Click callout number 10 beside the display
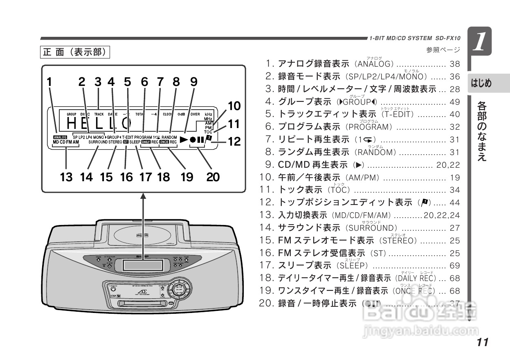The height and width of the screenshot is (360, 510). click(234, 106)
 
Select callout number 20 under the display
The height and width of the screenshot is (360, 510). click(213, 177)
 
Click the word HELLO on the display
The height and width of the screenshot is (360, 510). click(99, 122)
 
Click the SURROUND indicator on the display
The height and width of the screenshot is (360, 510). click(97, 142)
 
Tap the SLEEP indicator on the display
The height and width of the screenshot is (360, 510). click(135, 142)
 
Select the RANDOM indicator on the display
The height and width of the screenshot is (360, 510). click(169, 137)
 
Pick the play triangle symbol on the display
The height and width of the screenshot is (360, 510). click(184, 139)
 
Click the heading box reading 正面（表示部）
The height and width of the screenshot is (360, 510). click(76, 52)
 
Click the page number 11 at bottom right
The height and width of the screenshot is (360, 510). click(482, 342)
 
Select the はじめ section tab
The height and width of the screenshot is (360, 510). click(481, 83)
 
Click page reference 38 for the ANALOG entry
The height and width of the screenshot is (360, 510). click(454, 64)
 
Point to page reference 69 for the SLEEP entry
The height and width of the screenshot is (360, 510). click(454, 265)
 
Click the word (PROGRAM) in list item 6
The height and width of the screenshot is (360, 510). click(369, 127)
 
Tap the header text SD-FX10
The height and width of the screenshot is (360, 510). click(448, 38)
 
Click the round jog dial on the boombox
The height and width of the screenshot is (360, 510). click(178, 288)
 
